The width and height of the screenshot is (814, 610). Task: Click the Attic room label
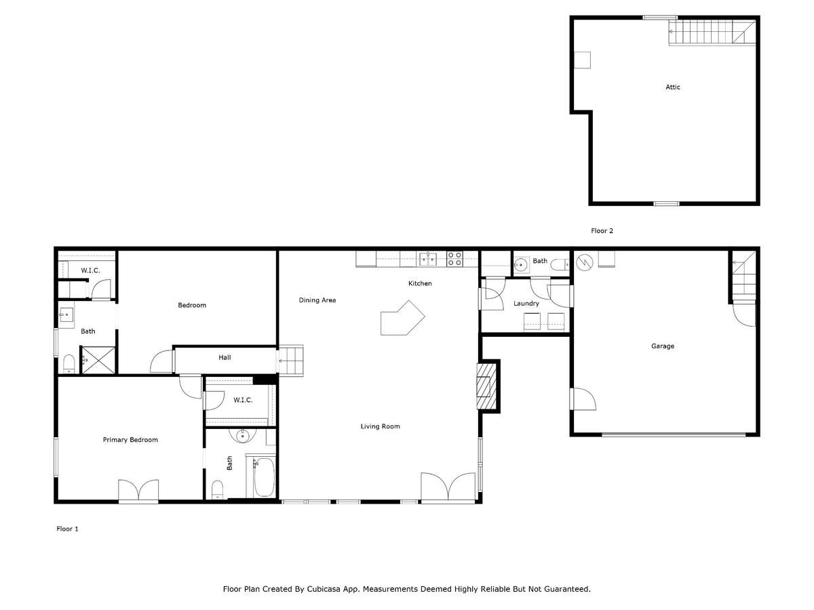[672, 87]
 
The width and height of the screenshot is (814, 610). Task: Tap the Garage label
[662, 346]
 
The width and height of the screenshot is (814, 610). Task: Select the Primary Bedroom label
[130, 440]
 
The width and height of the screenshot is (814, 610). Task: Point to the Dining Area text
[317, 300]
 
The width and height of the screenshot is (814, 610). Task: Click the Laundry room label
[526, 304]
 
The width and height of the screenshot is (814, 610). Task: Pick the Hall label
[225, 357]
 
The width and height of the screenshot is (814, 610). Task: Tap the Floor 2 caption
[602, 230]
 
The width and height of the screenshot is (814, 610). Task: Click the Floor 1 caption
[67, 529]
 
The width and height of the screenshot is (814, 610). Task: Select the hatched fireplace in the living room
[486, 386]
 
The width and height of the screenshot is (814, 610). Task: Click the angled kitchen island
[402, 319]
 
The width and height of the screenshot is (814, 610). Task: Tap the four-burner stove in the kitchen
[454, 258]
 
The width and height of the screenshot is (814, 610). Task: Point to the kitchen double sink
[427, 259]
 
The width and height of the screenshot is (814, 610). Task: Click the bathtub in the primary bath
[264, 477]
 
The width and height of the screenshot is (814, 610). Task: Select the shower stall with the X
[98, 360]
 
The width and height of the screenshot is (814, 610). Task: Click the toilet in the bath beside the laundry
[560, 264]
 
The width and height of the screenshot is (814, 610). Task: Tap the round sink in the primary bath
[243, 436]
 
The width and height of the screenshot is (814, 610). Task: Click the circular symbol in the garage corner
[585, 262]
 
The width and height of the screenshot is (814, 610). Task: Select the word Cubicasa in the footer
[323, 589]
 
